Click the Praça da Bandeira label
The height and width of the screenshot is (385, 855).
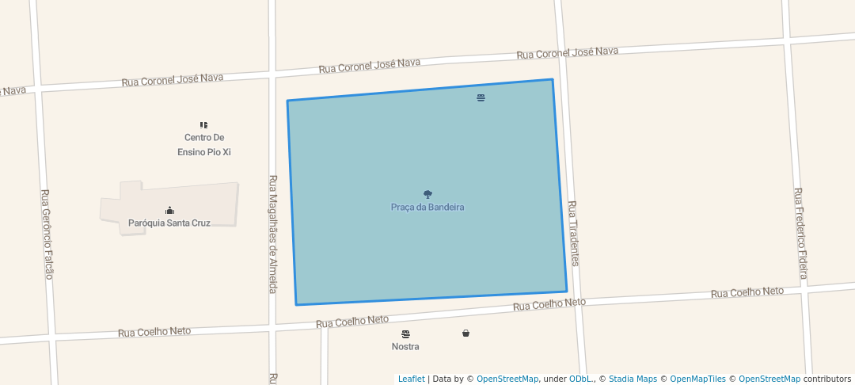click(427, 208)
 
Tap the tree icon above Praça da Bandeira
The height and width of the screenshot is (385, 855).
click(427, 194)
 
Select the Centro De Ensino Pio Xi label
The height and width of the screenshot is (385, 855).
click(204, 145)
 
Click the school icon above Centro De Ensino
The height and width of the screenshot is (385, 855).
click(203, 125)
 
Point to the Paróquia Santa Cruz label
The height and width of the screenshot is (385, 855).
click(169, 223)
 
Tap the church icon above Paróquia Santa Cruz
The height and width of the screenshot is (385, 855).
click(169, 211)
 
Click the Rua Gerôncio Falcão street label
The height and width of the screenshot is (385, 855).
click(47, 234)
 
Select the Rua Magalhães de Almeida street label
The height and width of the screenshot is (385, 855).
click(273, 234)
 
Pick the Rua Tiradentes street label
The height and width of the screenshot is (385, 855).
click(573, 233)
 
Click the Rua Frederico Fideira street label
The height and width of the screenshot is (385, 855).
click(801, 233)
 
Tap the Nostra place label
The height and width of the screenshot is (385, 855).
click(405, 347)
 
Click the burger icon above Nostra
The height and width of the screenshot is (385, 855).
click(405, 334)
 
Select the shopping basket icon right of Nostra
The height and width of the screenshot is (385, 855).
click(465, 334)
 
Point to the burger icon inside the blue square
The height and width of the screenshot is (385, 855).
click(481, 98)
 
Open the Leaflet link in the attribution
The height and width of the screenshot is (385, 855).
click(411, 379)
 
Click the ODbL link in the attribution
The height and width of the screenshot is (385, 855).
click(579, 379)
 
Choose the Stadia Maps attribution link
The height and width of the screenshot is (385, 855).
click(633, 379)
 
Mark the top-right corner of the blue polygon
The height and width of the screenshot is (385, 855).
click(552, 79)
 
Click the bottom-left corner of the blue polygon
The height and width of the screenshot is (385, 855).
click(296, 304)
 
